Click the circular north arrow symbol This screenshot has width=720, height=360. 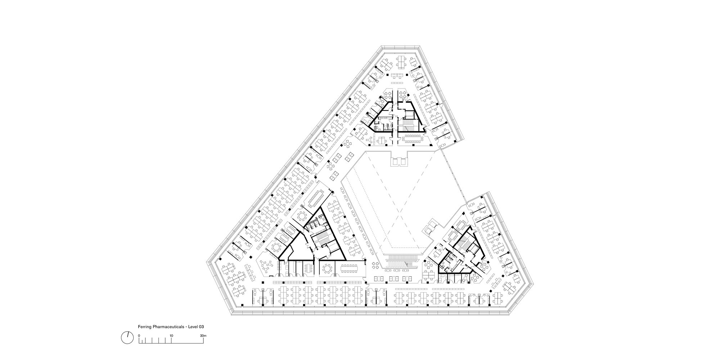pos(126,337)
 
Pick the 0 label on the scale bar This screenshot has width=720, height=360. pos(139,336)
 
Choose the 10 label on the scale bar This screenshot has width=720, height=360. pos(172,336)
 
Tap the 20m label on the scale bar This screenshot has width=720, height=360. pos(203,336)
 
